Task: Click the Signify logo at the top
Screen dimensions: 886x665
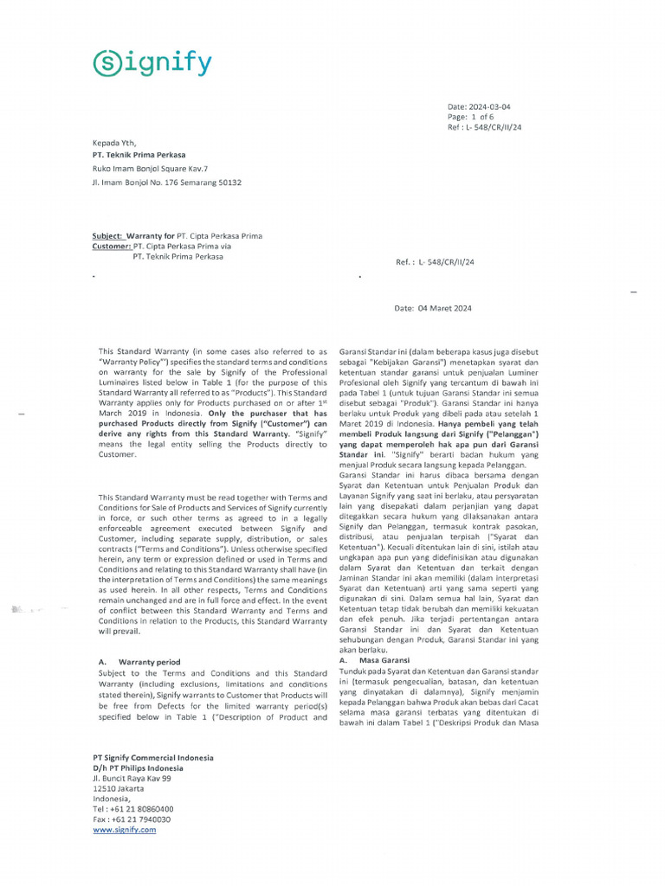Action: click(152, 63)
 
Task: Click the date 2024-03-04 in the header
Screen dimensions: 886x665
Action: click(491, 106)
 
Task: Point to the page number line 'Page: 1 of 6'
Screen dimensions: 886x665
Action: click(470, 117)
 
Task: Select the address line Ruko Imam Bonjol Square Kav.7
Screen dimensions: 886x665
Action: click(150, 169)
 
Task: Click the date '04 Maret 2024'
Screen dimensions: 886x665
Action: click(445, 309)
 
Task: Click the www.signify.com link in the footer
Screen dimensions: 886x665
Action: click(125, 829)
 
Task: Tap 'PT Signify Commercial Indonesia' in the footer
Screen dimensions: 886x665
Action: click(153, 757)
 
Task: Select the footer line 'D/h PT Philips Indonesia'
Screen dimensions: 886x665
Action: click(139, 767)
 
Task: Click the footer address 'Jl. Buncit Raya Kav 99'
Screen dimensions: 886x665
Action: click(132, 778)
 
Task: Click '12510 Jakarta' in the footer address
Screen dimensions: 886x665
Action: click(119, 788)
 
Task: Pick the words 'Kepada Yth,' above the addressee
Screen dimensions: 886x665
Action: click(114, 143)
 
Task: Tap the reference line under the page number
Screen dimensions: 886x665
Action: click(485, 127)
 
